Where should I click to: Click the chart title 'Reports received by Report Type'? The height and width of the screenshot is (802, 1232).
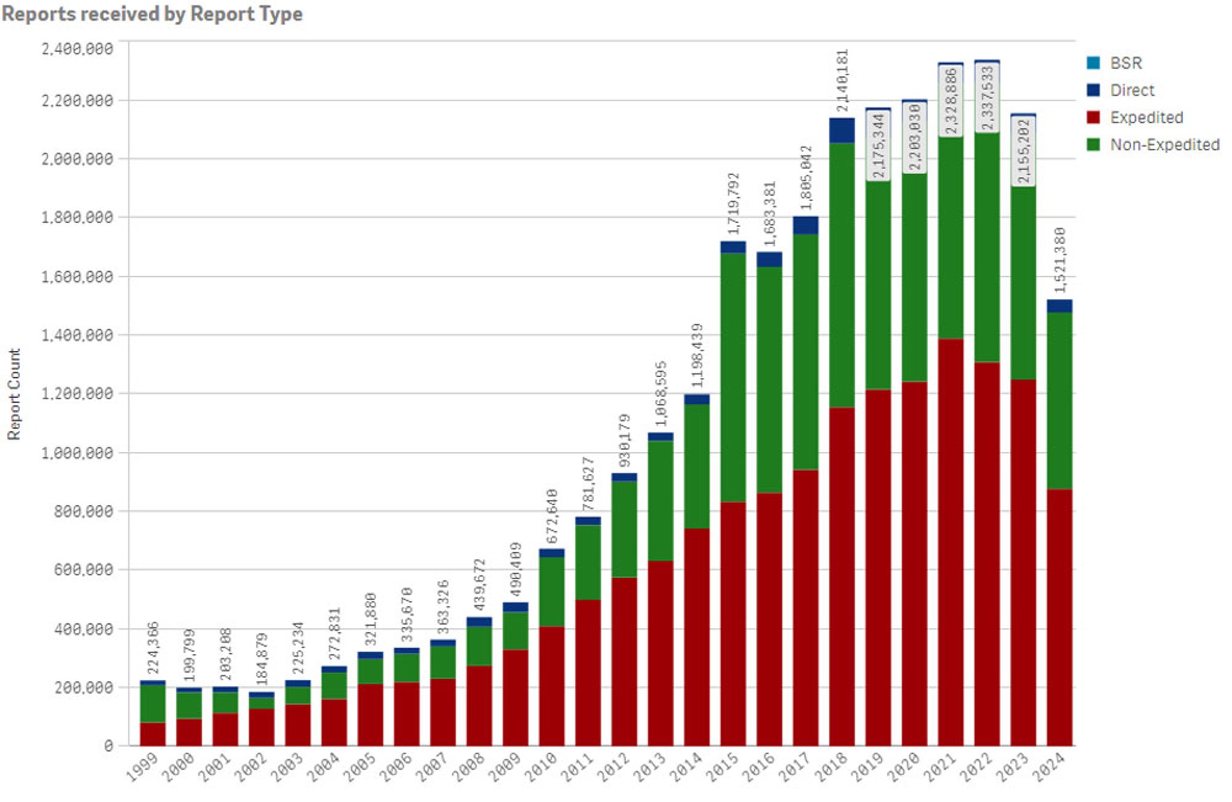point(152,13)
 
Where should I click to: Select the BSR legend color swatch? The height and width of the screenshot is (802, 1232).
point(1093,63)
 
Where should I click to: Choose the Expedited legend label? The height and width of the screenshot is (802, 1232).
point(1147,117)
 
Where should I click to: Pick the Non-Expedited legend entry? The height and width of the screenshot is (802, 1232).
point(1165,145)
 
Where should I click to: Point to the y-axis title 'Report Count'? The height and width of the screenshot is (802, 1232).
point(14,394)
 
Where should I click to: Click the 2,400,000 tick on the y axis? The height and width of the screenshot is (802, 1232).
point(77,49)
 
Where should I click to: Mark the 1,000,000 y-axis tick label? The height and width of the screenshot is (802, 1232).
point(77,452)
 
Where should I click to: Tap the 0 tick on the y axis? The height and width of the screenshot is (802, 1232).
point(108,746)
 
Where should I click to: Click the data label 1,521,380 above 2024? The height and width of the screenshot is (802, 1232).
point(1059,260)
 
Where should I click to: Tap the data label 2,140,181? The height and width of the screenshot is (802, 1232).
point(842,81)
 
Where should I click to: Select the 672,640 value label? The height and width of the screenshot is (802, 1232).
point(552,516)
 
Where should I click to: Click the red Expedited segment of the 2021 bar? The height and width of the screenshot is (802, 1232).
point(950,541)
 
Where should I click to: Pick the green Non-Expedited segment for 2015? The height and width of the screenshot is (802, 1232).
point(733,378)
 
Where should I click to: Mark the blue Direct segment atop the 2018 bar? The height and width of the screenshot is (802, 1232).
point(842,130)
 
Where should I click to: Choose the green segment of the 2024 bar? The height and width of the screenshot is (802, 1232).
point(1059,401)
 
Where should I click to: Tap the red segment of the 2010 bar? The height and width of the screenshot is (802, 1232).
point(552,686)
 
